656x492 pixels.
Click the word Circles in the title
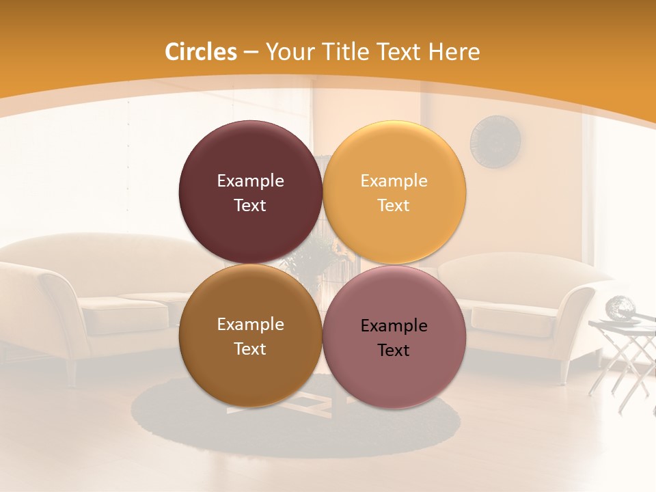click(201, 52)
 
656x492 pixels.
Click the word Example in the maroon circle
click(250, 180)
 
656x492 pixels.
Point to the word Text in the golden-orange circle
click(394, 205)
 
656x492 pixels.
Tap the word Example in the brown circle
click(250, 324)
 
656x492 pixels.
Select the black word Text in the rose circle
click(394, 350)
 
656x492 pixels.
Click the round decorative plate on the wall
click(495, 141)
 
